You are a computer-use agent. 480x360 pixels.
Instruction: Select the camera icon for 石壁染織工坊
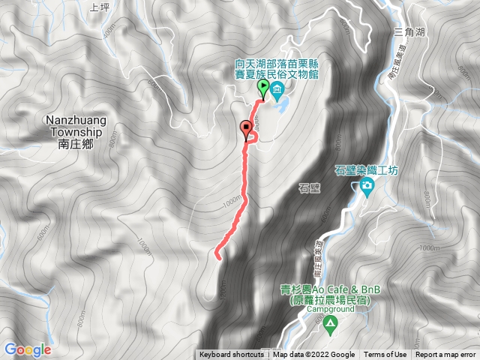(367, 185)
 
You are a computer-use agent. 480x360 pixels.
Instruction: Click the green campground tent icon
(330, 323)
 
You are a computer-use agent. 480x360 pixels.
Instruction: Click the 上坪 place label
(99, 8)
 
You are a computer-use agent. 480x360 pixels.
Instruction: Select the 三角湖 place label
(408, 32)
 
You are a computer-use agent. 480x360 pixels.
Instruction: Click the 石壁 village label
(309, 188)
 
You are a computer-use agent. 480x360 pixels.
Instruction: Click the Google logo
(27, 349)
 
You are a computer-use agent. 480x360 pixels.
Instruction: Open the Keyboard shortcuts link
(231, 355)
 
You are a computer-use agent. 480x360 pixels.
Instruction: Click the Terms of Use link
(385, 355)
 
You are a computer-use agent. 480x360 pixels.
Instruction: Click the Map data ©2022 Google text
(313, 355)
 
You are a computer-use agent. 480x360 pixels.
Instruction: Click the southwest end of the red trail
(218, 257)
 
